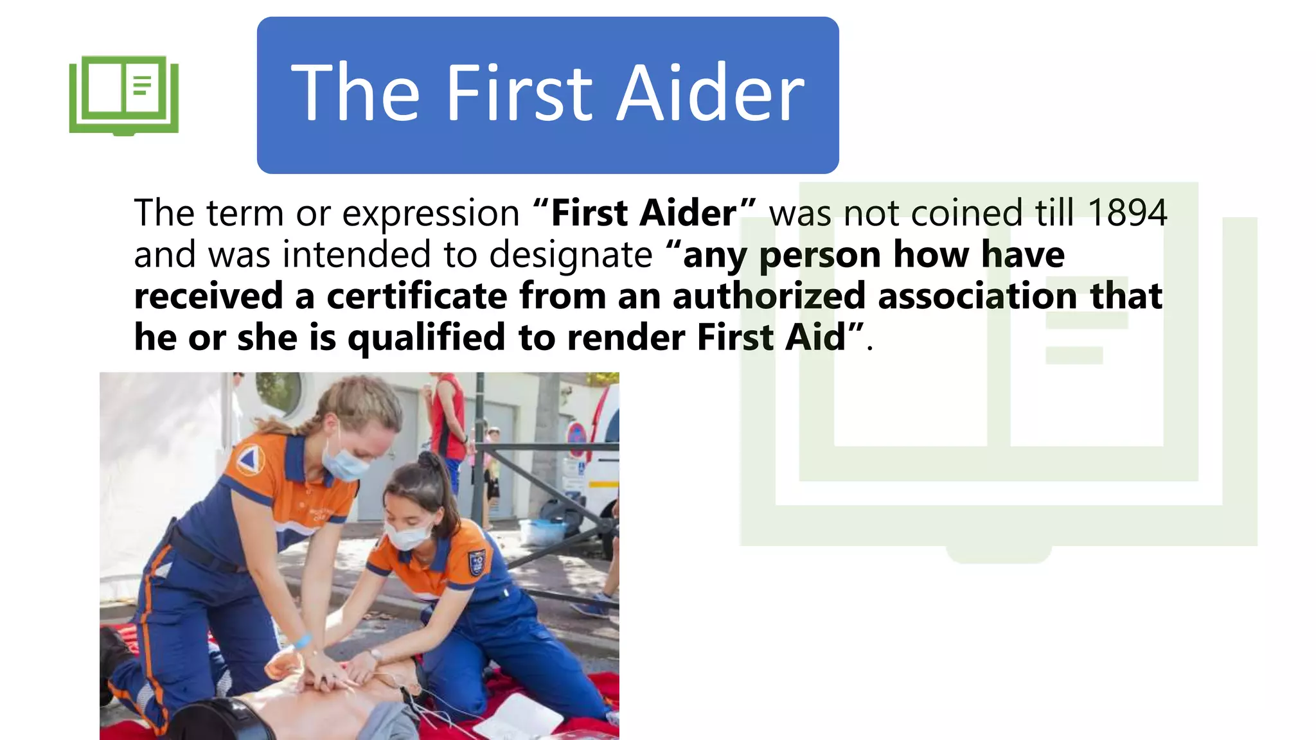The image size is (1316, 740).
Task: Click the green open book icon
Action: [123, 95]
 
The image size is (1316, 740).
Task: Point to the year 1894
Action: [1127, 213]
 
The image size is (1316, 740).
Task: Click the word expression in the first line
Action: [431, 214]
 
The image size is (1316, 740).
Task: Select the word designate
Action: [571, 255]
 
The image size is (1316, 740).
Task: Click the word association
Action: [977, 296]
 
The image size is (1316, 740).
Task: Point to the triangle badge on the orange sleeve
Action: [249, 460]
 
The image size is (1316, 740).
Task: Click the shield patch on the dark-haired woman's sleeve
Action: [476, 563]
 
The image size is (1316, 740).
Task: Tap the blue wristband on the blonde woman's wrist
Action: [301, 641]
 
